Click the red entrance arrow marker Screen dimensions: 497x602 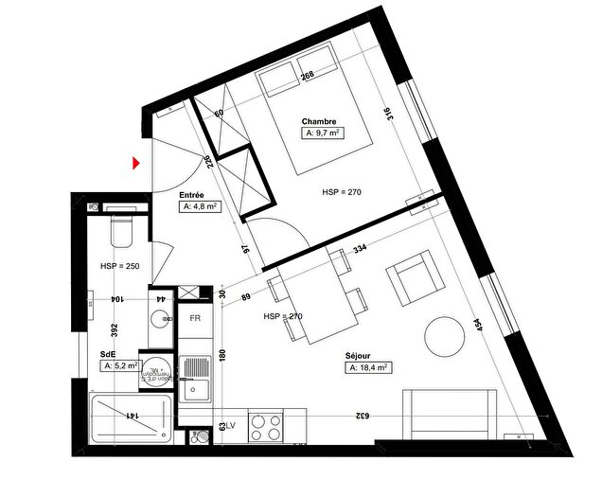[x=137, y=164]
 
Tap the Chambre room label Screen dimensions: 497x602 [x=319, y=122]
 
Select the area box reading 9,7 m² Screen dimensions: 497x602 [x=323, y=134]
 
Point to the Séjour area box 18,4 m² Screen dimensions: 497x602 [x=370, y=367]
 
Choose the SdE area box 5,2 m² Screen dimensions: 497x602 [x=121, y=364]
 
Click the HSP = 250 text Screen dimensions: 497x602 [x=119, y=266]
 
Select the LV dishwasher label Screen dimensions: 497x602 [x=229, y=426]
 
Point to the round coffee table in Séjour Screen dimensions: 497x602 [x=446, y=337]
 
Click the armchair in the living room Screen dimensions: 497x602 [x=414, y=280]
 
